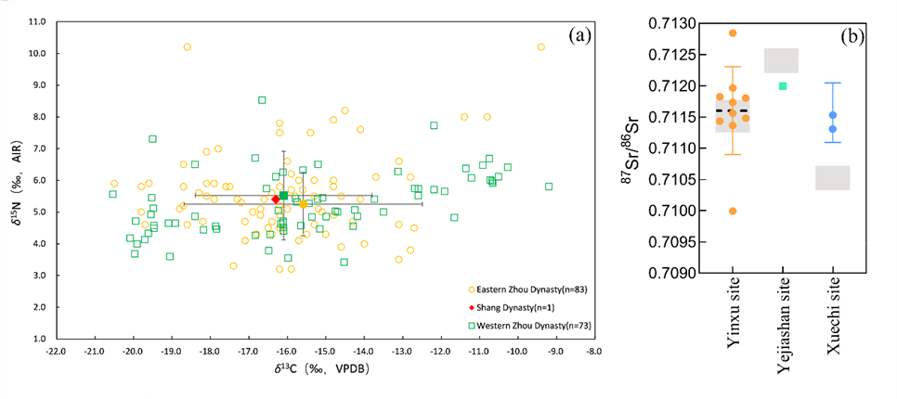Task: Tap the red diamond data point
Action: click(x=276, y=199)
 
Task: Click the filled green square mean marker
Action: click(x=283, y=195)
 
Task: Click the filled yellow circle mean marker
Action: click(x=303, y=203)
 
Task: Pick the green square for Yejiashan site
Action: click(x=783, y=85)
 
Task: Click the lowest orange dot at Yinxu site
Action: click(x=733, y=211)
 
